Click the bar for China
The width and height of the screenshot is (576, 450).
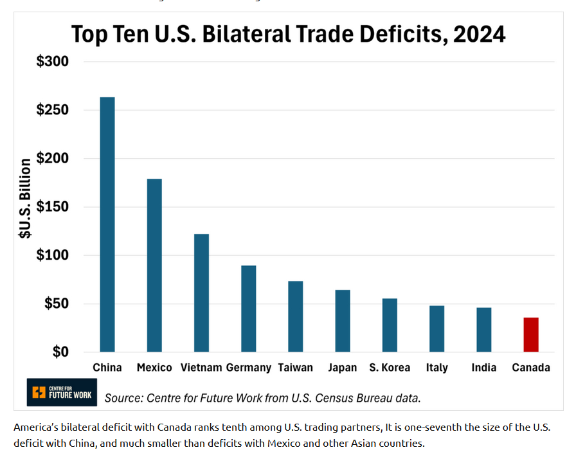click(107, 224)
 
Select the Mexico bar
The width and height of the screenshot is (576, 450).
click(154, 265)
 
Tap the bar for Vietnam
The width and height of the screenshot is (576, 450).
click(201, 292)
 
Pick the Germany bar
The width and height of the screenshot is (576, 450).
click(249, 309)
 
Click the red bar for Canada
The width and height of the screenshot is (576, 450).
click(531, 334)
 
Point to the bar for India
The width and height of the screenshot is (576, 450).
click(484, 330)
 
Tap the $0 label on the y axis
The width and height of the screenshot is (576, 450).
click(61, 352)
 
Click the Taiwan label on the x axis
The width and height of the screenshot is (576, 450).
click(296, 368)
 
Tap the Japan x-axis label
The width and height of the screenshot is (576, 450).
click(343, 368)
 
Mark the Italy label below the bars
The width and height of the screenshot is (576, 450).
click(437, 368)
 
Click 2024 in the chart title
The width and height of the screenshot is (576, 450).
click(479, 33)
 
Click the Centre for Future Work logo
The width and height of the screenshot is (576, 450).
click(62, 392)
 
